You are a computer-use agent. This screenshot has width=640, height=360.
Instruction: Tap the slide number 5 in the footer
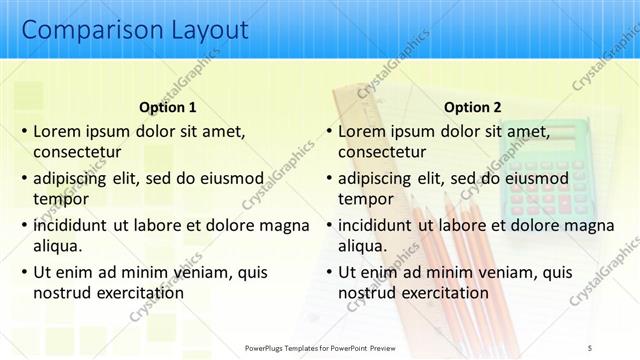[x=590, y=346]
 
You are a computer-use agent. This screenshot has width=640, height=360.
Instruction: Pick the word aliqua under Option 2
[x=363, y=246]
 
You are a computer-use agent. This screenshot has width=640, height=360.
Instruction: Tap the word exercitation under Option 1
[x=135, y=293]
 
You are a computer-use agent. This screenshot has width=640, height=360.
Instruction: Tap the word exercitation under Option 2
[x=440, y=293]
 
